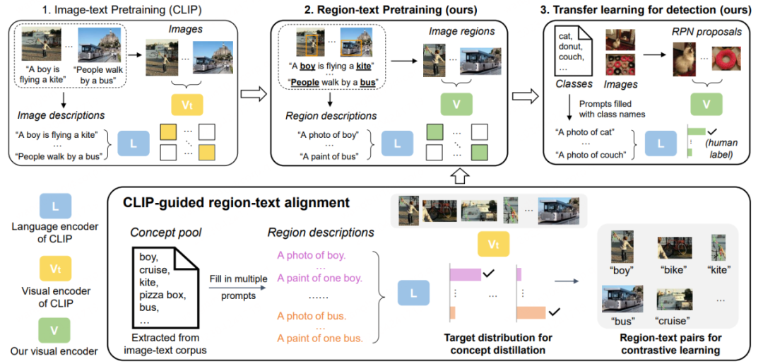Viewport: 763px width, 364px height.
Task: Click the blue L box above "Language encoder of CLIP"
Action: [54, 206]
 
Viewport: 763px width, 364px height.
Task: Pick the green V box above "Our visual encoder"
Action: [54, 330]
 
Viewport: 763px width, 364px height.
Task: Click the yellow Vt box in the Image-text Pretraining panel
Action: [187, 104]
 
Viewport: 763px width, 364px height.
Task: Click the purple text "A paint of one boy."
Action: [319, 279]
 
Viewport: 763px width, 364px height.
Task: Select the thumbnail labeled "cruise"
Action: [673, 301]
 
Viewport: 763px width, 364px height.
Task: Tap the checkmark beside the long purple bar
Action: [489, 275]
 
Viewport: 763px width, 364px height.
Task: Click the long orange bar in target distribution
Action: [531, 312]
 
